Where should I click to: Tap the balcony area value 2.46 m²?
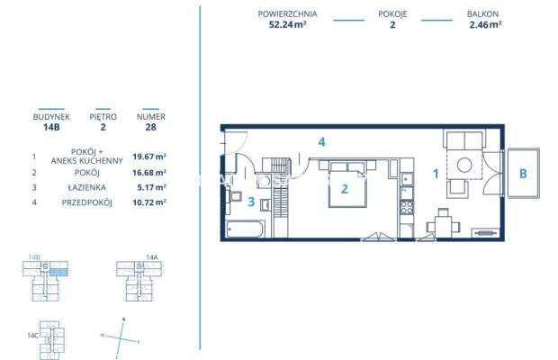pyautogui.click(x=485, y=25)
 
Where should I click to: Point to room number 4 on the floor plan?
pyautogui.click(x=320, y=142)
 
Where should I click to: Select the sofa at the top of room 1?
pyautogui.click(x=465, y=141)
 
